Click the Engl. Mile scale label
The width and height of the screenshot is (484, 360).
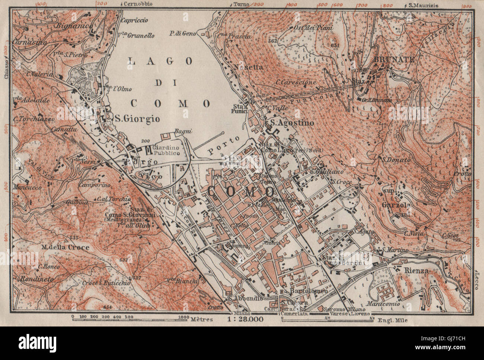tap(393, 319)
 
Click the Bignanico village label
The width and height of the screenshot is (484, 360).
tap(70, 26)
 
